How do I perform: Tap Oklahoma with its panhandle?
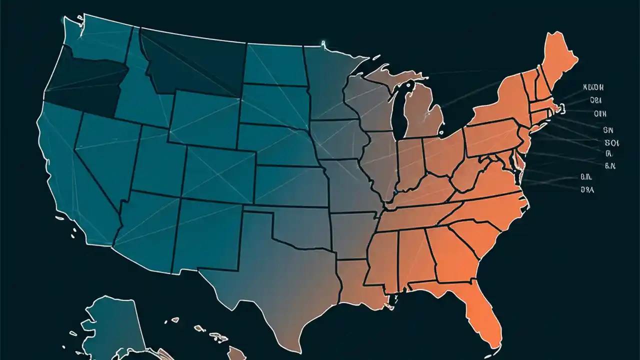click(x=305, y=225)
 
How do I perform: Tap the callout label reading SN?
click(x=607, y=130)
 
